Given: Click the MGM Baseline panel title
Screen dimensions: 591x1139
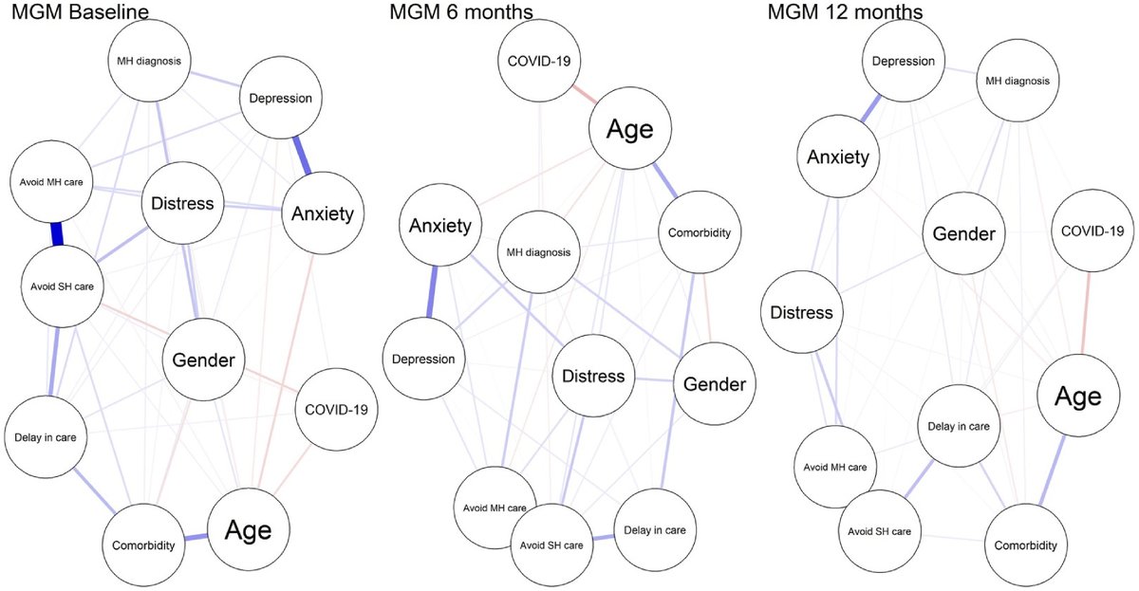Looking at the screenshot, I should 72,13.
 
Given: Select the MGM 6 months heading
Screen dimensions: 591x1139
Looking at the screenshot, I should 460,13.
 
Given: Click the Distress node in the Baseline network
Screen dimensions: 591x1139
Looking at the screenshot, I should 183,203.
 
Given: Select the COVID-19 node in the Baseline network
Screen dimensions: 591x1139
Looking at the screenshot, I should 336,410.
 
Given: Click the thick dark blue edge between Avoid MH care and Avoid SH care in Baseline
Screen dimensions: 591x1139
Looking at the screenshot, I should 56,233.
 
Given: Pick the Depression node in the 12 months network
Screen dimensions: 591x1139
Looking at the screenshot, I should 902,61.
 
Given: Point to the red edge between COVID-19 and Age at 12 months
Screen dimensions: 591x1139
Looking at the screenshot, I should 1084,309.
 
